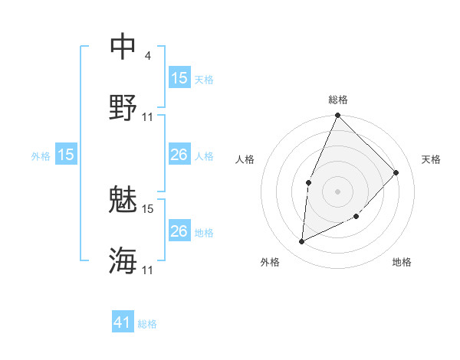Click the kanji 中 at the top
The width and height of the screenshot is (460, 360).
click(123, 47)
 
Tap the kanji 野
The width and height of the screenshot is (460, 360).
click(123, 107)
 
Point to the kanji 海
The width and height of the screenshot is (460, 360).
click(123, 260)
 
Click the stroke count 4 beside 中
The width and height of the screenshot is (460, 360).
click(147, 57)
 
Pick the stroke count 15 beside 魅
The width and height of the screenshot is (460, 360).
click(148, 208)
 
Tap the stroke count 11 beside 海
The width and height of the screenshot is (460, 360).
click(148, 270)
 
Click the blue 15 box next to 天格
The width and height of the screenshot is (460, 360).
click(179, 78)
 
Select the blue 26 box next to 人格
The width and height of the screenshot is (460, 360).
click(179, 155)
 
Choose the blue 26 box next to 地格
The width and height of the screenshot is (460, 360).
click(179, 231)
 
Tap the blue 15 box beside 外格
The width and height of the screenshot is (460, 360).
click(66, 155)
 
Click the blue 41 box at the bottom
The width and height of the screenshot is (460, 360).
click(123, 322)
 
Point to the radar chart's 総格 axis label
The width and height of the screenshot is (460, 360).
click(338, 100)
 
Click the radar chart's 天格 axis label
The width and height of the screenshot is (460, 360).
click(431, 159)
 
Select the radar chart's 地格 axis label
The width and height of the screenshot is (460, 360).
click(402, 262)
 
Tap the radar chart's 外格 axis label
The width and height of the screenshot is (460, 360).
click(270, 262)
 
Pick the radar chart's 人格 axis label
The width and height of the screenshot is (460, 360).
click(245, 159)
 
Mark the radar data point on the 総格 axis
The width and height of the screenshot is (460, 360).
click(337, 116)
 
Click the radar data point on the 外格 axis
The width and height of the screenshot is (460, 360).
click(302, 242)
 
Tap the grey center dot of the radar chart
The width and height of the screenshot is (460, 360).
click(337, 191)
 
